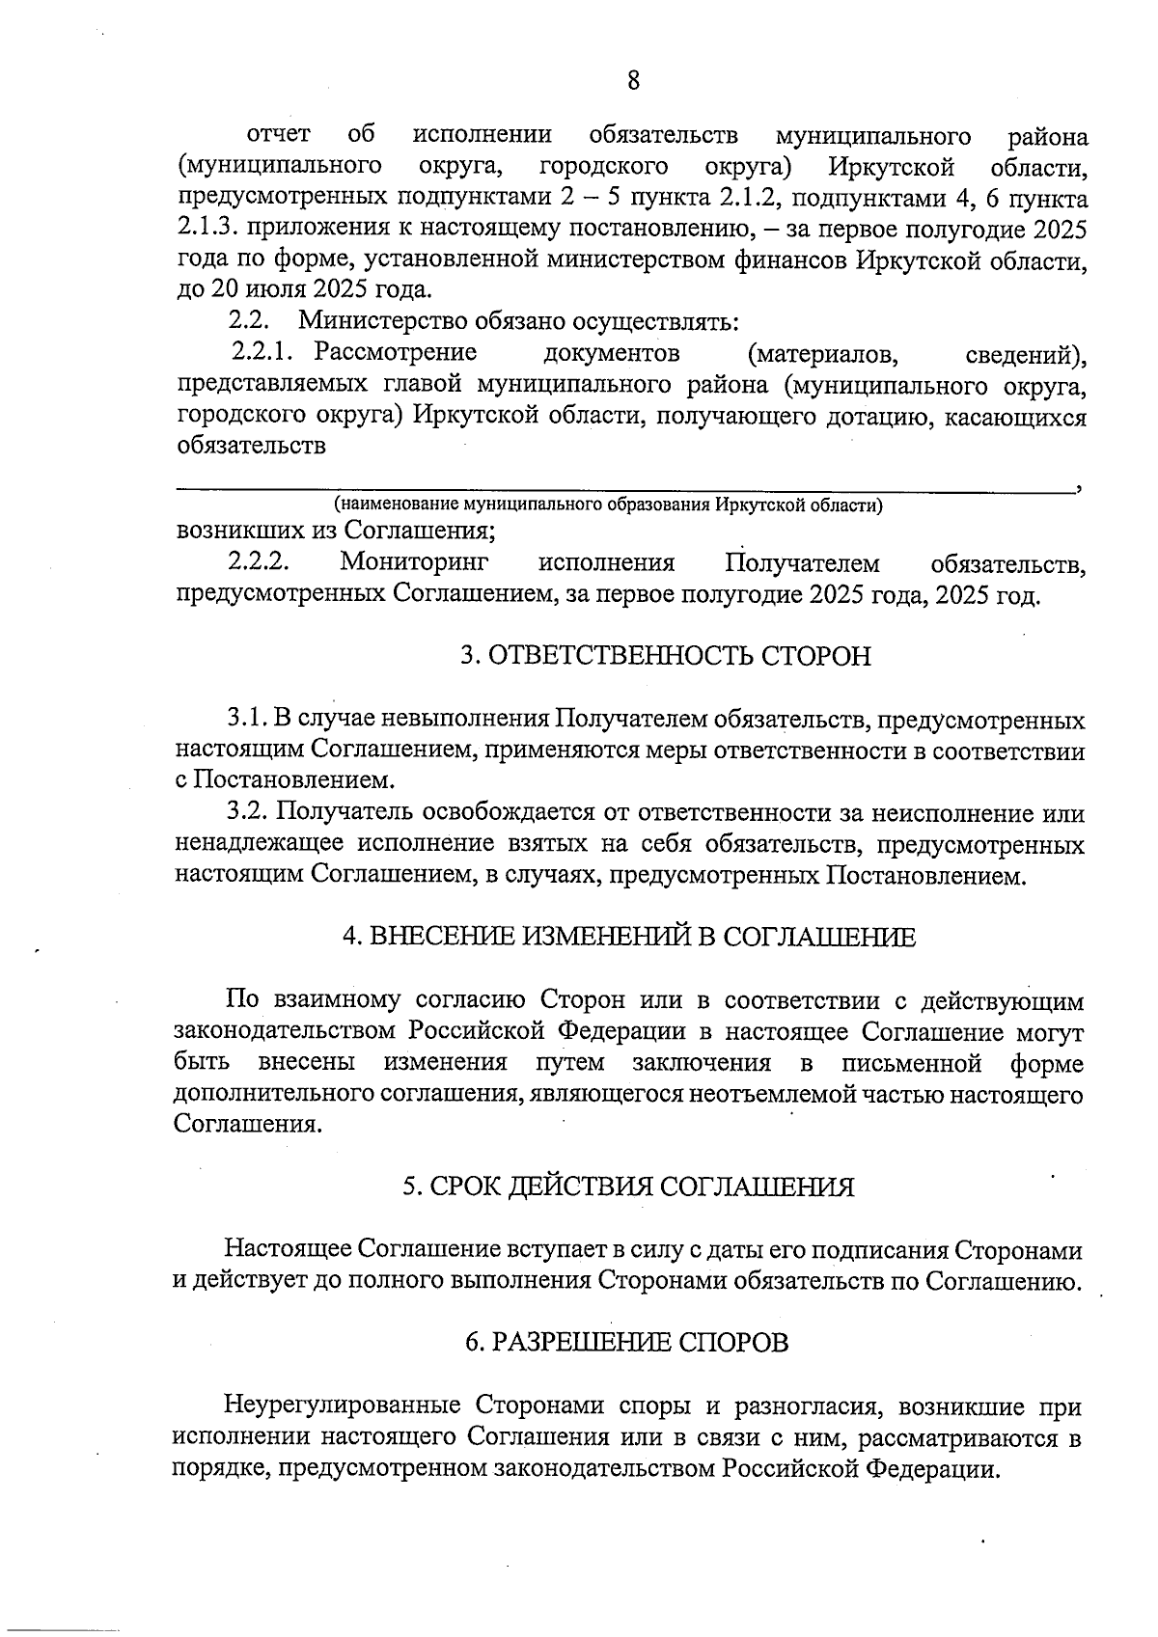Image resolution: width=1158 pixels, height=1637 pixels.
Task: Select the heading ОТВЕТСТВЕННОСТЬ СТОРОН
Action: click(x=665, y=657)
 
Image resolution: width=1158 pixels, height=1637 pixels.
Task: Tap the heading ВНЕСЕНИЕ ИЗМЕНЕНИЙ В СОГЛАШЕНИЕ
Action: click(x=628, y=937)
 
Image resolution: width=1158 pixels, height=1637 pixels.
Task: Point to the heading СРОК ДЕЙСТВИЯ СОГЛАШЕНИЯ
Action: click(x=628, y=1187)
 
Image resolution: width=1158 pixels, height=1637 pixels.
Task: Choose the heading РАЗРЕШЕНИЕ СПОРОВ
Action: click(x=626, y=1342)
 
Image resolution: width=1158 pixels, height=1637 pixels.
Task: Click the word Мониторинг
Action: click(x=414, y=562)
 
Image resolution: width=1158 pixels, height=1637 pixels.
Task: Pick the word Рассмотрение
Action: click(x=396, y=352)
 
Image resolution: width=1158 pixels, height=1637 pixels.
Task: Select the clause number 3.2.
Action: click(x=247, y=814)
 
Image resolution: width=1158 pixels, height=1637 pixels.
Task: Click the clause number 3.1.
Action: click(x=247, y=720)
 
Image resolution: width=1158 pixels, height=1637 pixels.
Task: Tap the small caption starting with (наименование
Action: click(x=608, y=505)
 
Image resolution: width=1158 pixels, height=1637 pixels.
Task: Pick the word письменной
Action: click(x=912, y=1064)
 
